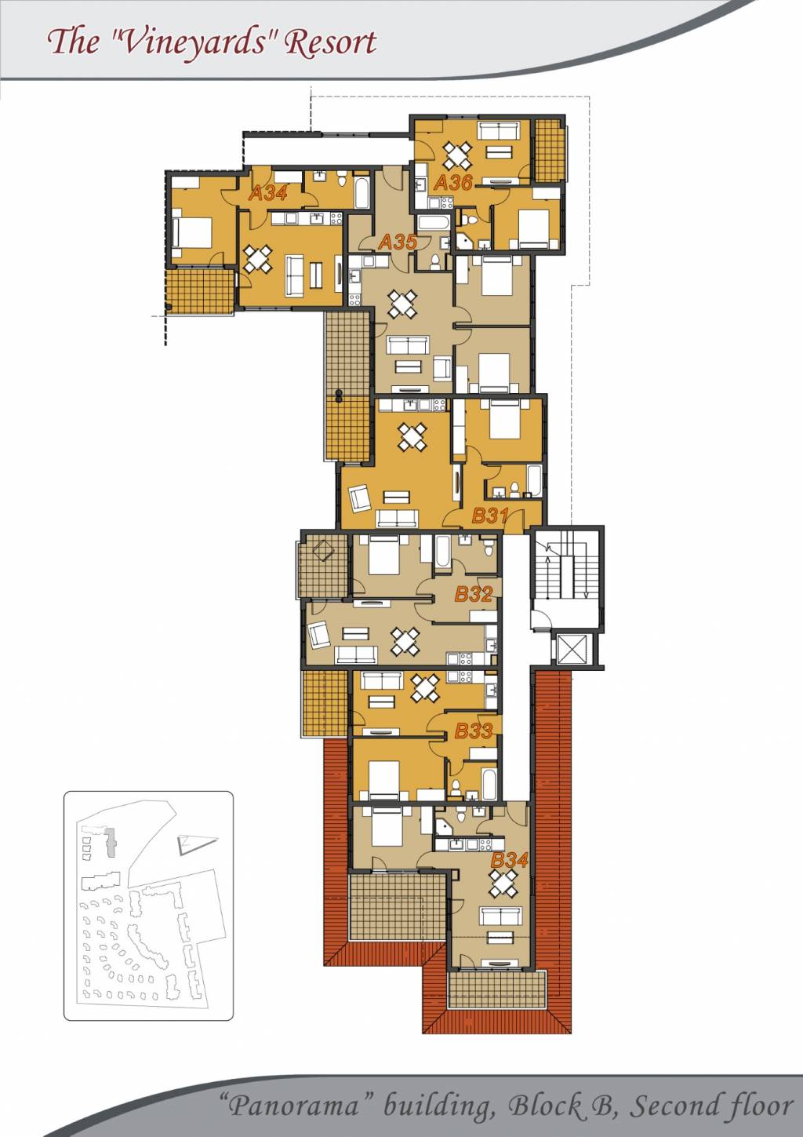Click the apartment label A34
pos(268,193)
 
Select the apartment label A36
pos(453,183)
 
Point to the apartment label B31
pos(490,516)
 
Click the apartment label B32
pos(474,594)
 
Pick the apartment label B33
pos(474,731)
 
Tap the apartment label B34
pos(510,860)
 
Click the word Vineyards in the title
pos(195,42)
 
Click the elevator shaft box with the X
pos(571,649)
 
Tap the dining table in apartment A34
pos(258,259)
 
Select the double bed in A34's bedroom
pos(192,233)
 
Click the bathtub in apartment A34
pos(362,192)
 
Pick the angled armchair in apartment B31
pos(360,498)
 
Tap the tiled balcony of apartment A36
pos(550,150)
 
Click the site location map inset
pos(148,906)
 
